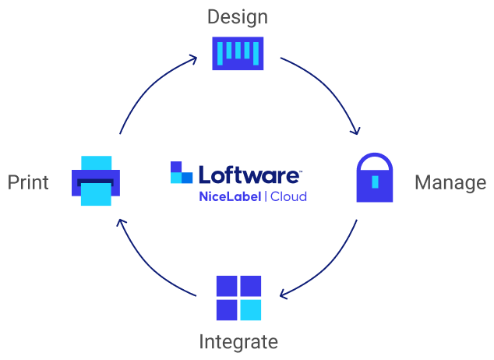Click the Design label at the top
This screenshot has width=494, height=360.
click(238, 16)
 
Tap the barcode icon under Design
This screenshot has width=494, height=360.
click(238, 53)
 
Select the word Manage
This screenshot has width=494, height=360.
click(450, 182)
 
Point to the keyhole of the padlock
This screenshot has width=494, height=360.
click(376, 182)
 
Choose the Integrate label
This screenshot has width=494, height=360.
click(238, 341)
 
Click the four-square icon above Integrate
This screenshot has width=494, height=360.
click(238, 298)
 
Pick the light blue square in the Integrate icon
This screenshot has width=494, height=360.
click(250, 310)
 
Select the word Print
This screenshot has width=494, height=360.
click(28, 182)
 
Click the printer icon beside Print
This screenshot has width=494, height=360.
click(96, 181)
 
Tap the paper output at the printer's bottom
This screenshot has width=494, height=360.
click(96, 195)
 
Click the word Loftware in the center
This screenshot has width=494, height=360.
click(249, 174)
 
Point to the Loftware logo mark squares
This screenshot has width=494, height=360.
click(182, 173)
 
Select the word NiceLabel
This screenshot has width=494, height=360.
click(229, 196)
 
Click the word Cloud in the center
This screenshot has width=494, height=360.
click(288, 196)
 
